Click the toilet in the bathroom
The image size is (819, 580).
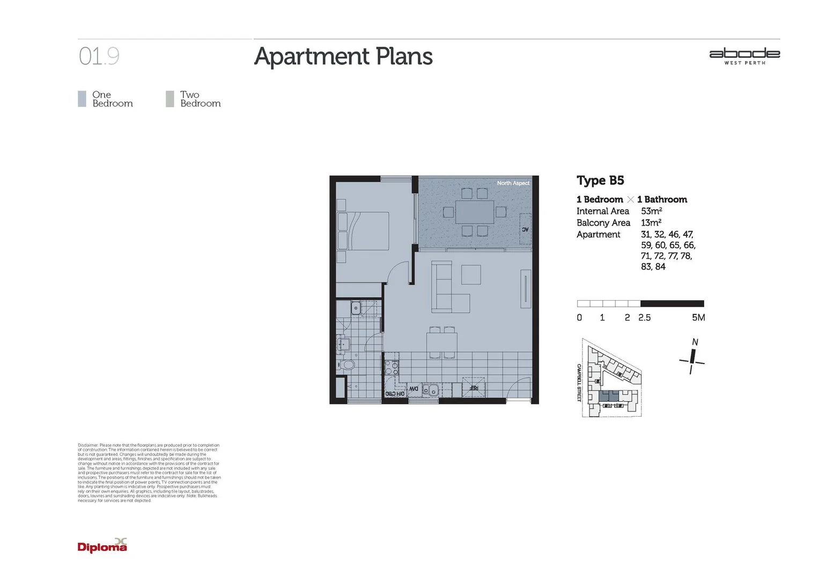click(x=348, y=365)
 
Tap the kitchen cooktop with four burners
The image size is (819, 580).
click(x=392, y=367)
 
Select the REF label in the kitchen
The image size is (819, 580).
click(x=474, y=388)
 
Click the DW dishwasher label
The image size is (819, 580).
click(x=414, y=389)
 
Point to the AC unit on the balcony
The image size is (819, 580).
click(x=525, y=229)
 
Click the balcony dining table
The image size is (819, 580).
click(x=475, y=212)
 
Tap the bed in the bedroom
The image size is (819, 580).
click(x=363, y=230)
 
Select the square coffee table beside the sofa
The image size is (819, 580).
click(x=471, y=274)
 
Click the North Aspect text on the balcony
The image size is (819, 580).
click(x=513, y=183)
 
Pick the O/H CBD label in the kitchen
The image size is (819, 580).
click(x=395, y=394)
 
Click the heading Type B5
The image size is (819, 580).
click(x=600, y=180)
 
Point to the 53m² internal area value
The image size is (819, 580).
click(x=651, y=211)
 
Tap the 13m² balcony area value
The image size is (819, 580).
click(x=651, y=223)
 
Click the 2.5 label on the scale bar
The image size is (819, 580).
click(x=644, y=318)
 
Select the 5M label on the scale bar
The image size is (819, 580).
click(x=698, y=317)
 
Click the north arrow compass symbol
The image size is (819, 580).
click(x=692, y=358)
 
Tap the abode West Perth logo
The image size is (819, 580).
click(x=744, y=56)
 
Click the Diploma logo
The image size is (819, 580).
click(x=102, y=546)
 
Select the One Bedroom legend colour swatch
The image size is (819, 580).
click(x=82, y=99)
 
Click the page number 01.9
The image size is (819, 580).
click(x=99, y=56)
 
